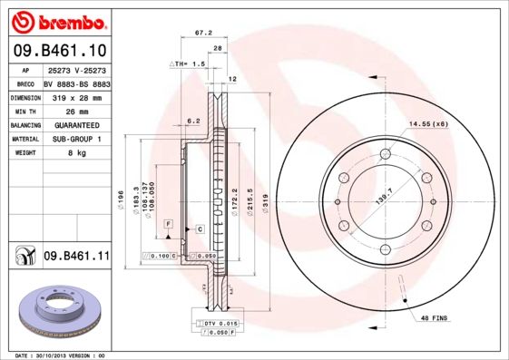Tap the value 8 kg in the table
(x=76, y=153)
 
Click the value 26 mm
(x=76, y=110)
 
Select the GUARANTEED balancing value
(x=76, y=124)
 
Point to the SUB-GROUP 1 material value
(x=76, y=139)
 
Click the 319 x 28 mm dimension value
(x=76, y=95)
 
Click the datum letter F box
(x=167, y=222)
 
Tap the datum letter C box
(x=198, y=229)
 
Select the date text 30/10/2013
(x=62, y=355)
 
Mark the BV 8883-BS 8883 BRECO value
(x=76, y=81)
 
